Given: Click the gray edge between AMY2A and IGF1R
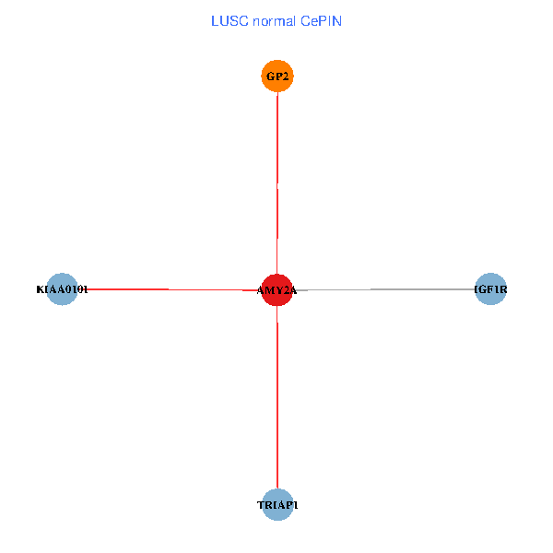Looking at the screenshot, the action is (387, 289).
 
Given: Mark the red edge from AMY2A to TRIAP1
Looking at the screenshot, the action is (277, 396).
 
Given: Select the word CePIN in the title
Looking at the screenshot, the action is (322, 20).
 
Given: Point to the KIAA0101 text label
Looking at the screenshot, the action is (62, 289).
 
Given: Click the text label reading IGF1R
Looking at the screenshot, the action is (490, 289).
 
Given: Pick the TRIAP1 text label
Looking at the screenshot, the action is (277, 505).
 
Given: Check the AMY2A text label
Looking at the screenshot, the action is (276, 290).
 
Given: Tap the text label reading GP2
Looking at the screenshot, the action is (277, 76).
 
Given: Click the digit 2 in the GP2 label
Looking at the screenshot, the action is (287, 76).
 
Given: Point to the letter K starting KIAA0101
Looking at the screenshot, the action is (40, 289).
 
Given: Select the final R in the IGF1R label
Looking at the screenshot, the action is (503, 289).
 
